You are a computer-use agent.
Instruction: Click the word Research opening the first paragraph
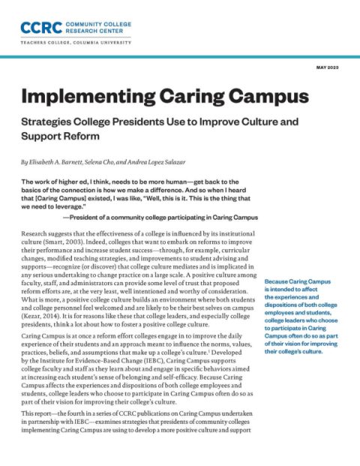tap(38, 235)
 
